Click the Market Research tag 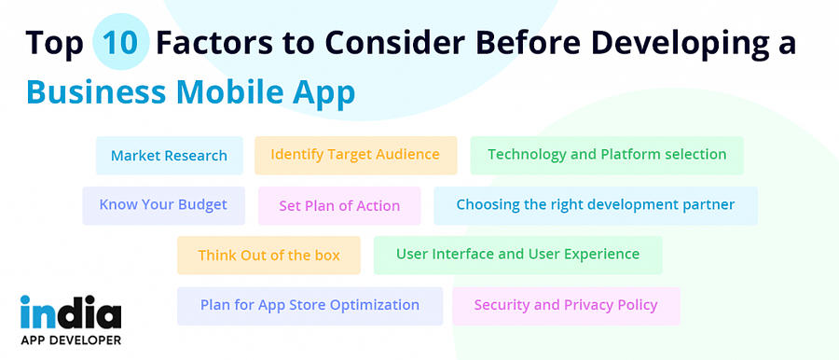(169, 156)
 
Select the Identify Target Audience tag (355, 155)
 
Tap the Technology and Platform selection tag (607, 155)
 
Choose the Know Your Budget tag (163, 205)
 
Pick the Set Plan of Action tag (339, 206)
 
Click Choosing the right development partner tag (595, 205)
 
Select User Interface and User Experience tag (517, 255)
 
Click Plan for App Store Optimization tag (309, 306)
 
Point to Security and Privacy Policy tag (566, 306)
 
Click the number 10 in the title (121, 43)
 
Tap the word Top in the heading (55, 43)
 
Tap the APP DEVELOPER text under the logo (71, 339)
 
